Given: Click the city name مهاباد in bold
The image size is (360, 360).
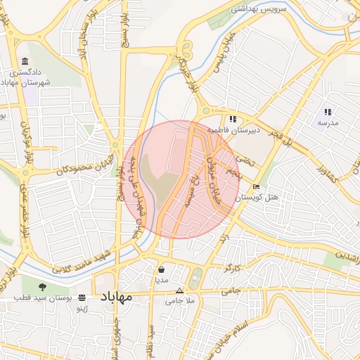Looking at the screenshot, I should click(117, 297).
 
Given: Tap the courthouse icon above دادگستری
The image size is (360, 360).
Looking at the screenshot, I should click(25, 62).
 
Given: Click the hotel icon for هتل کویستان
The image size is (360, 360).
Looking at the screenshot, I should click(257, 187).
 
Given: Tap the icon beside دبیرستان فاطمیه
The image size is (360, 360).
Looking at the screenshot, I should click(233, 119).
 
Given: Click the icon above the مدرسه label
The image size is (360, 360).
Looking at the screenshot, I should click(328, 112).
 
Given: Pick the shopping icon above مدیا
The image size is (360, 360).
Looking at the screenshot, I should click(162, 269).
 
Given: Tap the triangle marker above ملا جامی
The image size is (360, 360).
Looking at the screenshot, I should click(179, 290).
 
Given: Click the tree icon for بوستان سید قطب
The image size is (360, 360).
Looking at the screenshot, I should click(43, 286).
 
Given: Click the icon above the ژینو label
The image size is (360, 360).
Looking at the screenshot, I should click(83, 297).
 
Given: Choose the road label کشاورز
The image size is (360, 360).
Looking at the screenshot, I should click(328, 171).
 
